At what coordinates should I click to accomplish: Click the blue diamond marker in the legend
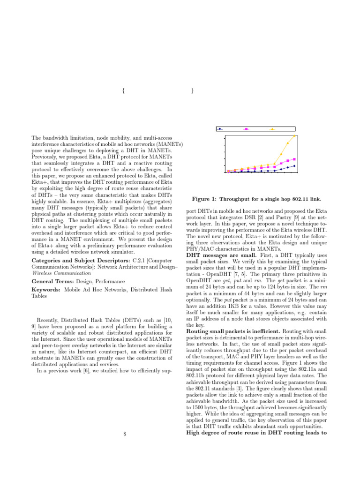pyautogui.click(x=221, y=128)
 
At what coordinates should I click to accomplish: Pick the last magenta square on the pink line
pyautogui.click(x=294, y=159)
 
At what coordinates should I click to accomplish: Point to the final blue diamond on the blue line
pyautogui.click(x=294, y=166)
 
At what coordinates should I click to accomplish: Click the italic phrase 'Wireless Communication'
pyautogui.click(x=61, y=272)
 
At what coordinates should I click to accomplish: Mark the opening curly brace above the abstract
pyautogui.click(x=122, y=92)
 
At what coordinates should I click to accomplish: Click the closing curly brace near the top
pyautogui.click(x=193, y=92)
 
